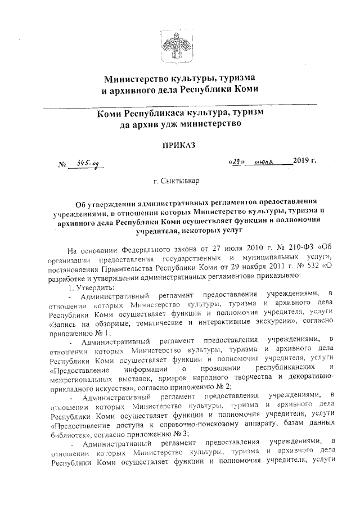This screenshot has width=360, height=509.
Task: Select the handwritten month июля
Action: coord(271,163)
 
